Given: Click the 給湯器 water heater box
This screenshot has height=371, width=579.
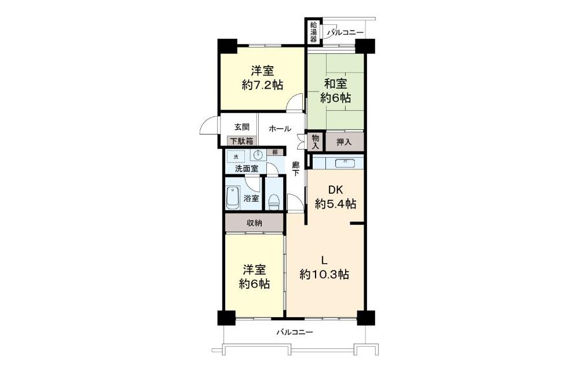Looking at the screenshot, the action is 313,31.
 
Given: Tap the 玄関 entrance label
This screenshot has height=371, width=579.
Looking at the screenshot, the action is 242,127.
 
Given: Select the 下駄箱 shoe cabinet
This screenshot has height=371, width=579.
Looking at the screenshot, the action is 242,141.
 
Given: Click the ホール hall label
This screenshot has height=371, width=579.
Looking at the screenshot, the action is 280,129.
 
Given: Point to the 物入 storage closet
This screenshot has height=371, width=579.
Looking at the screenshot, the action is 315,141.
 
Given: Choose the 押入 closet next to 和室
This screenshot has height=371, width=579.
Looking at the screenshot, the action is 344,141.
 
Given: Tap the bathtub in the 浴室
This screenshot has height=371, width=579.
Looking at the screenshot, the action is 233,197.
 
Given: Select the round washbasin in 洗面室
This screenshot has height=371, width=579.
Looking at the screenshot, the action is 258,155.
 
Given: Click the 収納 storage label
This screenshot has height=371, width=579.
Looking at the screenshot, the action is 254,223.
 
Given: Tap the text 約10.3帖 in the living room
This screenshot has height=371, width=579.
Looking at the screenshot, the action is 324,275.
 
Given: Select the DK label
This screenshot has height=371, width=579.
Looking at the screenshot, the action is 336,190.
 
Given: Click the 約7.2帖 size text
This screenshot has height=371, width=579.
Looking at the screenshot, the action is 262,85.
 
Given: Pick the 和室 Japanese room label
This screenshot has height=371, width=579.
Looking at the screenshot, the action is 335,84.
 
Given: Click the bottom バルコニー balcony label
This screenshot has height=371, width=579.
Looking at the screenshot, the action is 295,333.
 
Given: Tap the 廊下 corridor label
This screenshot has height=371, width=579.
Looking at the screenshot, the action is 295,169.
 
